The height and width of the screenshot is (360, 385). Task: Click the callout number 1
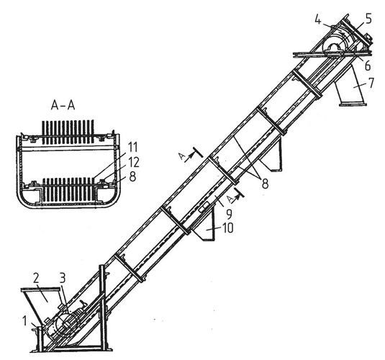(x=24, y=320)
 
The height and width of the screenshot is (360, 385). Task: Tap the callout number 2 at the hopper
(x=36, y=279)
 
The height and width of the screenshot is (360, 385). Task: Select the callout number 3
(x=63, y=279)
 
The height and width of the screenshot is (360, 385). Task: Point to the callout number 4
(x=318, y=20)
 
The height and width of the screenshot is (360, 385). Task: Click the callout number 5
(x=368, y=19)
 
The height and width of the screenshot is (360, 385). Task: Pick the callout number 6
(x=367, y=66)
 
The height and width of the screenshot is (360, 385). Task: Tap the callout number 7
(x=371, y=83)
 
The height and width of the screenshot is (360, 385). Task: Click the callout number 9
(x=229, y=214)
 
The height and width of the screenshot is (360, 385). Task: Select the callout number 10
(x=227, y=228)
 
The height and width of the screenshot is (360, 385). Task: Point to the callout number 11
(x=133, y=148)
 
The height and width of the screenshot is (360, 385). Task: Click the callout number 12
(x=134, y=162)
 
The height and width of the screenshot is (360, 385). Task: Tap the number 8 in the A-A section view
(x=132, y=176)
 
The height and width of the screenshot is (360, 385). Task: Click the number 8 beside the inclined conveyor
(x=265, y=184)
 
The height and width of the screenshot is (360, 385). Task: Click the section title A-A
(x=63, y=105)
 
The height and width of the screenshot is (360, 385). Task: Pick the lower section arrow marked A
(x=235, y=195)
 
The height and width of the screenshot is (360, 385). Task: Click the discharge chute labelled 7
(x=350, y=85)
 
